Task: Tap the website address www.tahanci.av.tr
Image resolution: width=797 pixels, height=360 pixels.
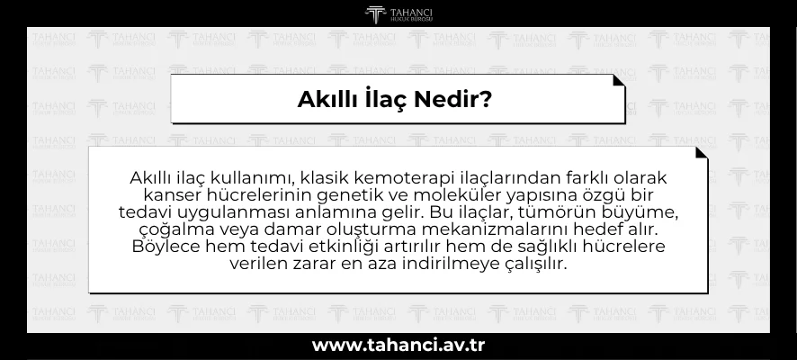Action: [398, 345]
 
